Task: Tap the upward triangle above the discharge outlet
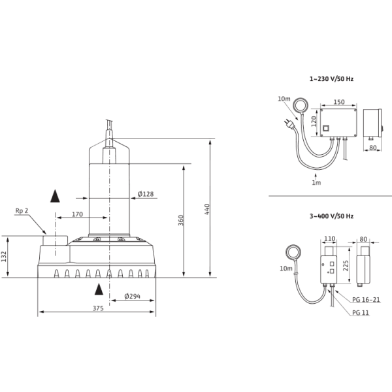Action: [55, 194]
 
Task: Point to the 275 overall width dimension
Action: [99, 309]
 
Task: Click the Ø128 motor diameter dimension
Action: [146, 193]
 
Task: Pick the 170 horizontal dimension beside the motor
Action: [77, 214]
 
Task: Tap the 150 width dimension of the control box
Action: [339, 101]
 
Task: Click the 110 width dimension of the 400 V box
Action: [329, 238]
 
